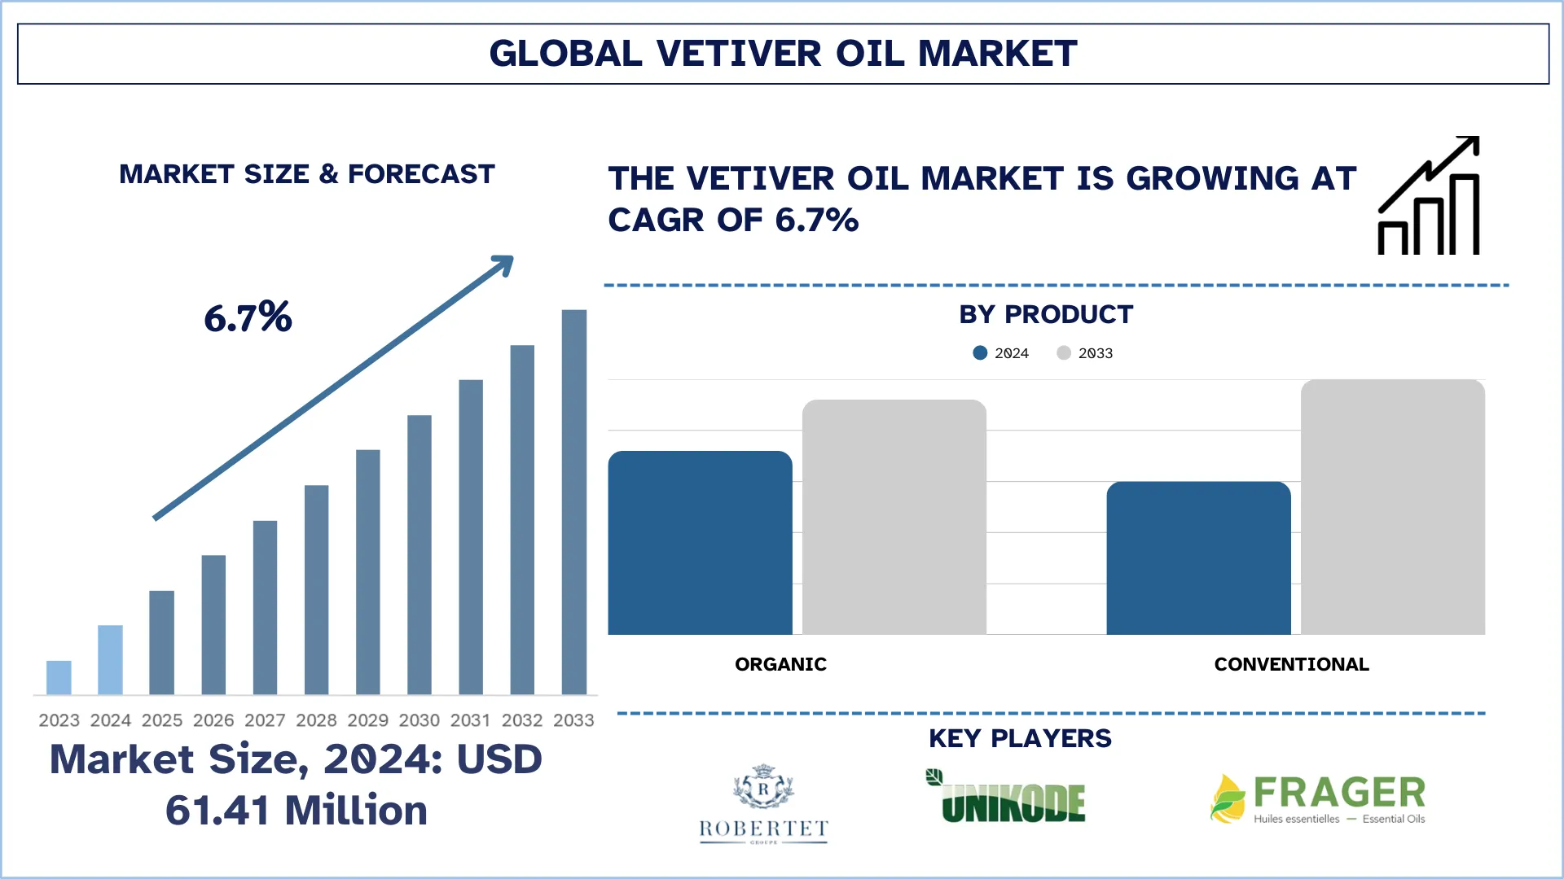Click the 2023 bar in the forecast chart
[59, 677]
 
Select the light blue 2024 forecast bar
[110, 659]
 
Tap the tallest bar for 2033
[573, 501]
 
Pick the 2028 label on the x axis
[316, 720]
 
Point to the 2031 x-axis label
[470, 720]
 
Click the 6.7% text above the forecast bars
[248, 317]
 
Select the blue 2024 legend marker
[980, 352]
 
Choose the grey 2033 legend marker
[1063, 352]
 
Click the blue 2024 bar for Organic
[700, 543]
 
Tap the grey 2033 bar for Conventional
[1392, 506]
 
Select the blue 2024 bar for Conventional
[1198, 558]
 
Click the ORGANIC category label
[780, 664]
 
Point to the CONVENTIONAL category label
[1291, 664]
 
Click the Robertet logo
[763, 804]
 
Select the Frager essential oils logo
[1318, 798]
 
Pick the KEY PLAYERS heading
[1020, 738]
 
